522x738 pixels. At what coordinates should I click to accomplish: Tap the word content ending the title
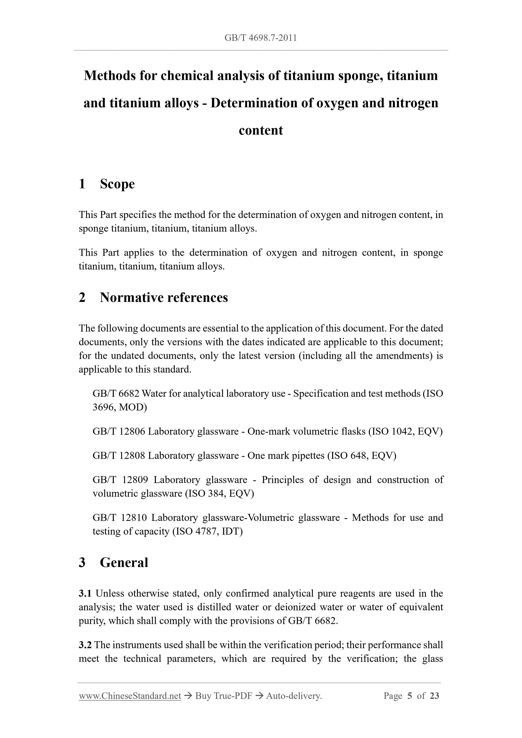click(261, 131)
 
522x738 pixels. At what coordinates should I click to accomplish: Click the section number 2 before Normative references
click(82, 298)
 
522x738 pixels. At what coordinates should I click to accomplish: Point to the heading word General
click(124, 562)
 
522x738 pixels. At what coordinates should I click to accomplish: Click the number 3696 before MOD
click(104, 407)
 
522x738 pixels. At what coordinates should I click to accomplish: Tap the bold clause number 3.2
click(85, 645)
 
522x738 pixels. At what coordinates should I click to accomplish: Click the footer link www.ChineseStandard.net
click(130, 696)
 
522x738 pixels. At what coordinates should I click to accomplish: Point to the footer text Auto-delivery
click(294, 696)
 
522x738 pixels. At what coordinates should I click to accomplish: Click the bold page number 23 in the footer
click(434, 696)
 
